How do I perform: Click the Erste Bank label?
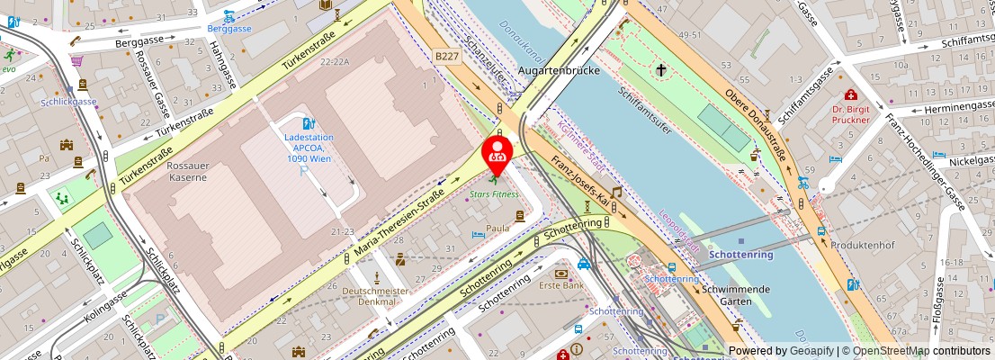click(x=561, y=286)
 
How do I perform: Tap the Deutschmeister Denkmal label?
click(x=376, y=296)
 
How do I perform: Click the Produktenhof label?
click(x=856, y=246)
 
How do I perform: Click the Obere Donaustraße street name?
click(x=756, y=122)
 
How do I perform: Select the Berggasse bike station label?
click(x=229, y=28)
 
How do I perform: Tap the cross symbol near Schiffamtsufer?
click(x=661, y=69)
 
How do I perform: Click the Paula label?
click(x=498, y=229)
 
